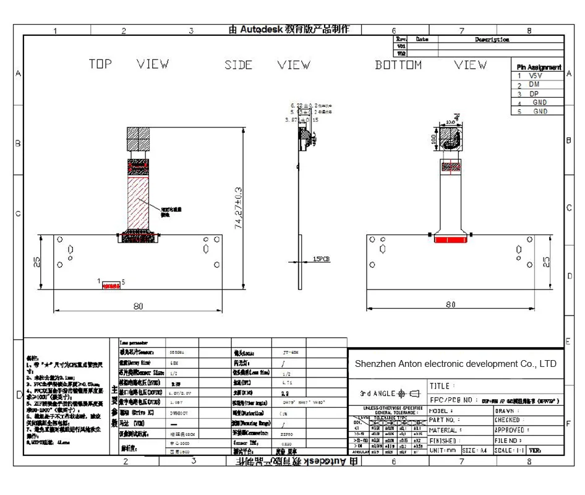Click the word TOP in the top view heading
click(100, 64)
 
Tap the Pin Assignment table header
click(539, 67)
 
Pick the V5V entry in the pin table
click(535, 75)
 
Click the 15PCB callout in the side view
click(322, 259)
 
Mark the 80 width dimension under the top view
click(138, 306)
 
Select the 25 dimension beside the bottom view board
click(546, 262)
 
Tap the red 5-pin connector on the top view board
click(111, 286)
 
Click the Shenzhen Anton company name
click(456, 364)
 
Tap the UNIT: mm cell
click(443, 450)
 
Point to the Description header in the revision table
click(492, 40)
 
